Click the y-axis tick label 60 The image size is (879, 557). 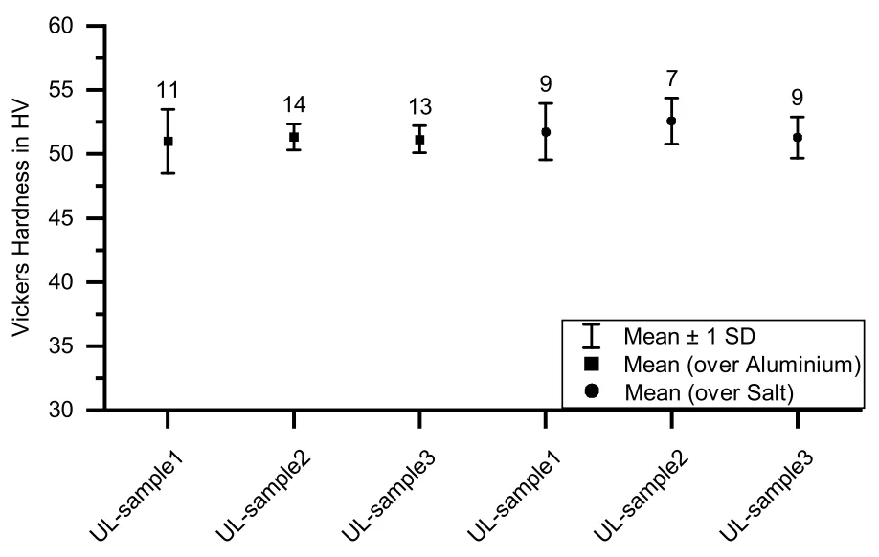click(60, 26)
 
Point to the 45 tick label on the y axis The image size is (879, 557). click(60, 218)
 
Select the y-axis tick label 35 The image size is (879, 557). click(60, 346)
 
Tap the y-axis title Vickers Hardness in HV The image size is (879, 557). click(21, 218)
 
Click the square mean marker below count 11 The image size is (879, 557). click(168, 142)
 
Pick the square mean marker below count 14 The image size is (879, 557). click(294, 137)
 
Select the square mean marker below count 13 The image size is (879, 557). click(419, 140)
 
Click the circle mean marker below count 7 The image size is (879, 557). click(671, 121)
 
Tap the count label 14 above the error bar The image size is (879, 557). click(294, 104)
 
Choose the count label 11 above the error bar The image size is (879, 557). click(168, 90)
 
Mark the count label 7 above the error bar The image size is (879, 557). click(671, 79)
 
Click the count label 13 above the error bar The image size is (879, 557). click(419, 106)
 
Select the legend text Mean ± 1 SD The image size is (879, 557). click(689, 336)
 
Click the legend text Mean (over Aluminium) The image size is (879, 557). click(742, 365)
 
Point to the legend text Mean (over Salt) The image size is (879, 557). click(710, 392)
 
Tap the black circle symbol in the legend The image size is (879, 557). click(592, 390)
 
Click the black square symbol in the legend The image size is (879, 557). click(592, 365)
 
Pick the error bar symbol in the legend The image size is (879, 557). click(592, 336)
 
